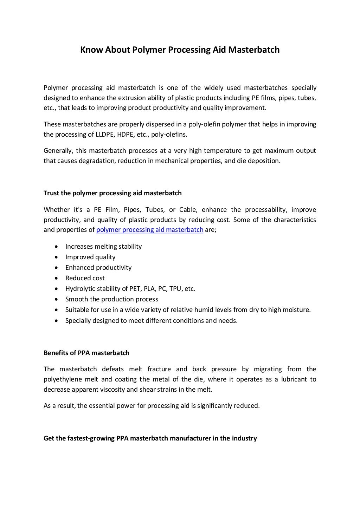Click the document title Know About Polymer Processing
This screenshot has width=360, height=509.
pos(180,50)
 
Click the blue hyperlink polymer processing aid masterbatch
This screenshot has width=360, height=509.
pos(150,230)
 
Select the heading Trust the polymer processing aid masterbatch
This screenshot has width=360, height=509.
pos(112,193)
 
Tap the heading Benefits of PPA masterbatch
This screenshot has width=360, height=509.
pos(86,353)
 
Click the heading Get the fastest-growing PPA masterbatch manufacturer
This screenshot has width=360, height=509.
pos(150,438)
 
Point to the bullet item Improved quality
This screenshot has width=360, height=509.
pos(90,257)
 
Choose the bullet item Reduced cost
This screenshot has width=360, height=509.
pos(85,278)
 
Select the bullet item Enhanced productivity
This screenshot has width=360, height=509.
pos(98,267)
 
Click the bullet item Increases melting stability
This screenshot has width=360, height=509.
pos(103,246)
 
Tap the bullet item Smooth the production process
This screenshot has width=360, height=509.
pos(112,299)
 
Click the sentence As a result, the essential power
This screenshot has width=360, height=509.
pos(152,406)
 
